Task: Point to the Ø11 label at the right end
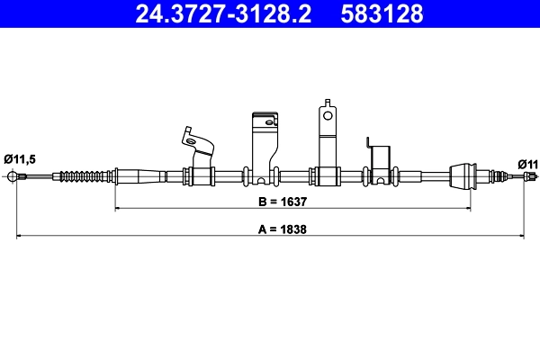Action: click(528, 163)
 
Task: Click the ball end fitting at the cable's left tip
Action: click(13, 175)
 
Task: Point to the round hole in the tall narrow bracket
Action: click(328, 115)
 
